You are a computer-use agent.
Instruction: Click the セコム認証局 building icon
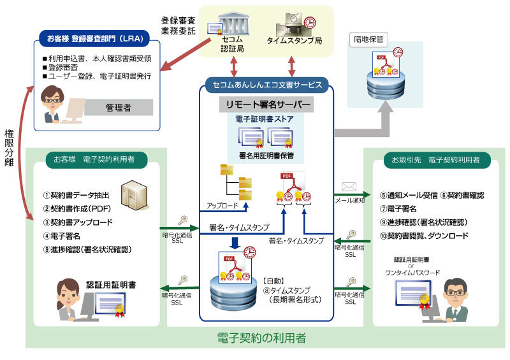[233, 25]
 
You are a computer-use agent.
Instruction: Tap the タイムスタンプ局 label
[294, 41]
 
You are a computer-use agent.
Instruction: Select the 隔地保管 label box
[368, 39]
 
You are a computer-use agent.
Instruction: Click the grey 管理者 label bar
[118, 108]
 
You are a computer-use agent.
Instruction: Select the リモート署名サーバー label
[267, 104]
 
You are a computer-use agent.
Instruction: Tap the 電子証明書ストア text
[266, 118]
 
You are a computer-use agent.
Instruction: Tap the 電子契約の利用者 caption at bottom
[261, 338]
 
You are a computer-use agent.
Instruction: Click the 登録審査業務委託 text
[178, 24]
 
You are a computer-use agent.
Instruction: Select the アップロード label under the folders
[222, 206]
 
